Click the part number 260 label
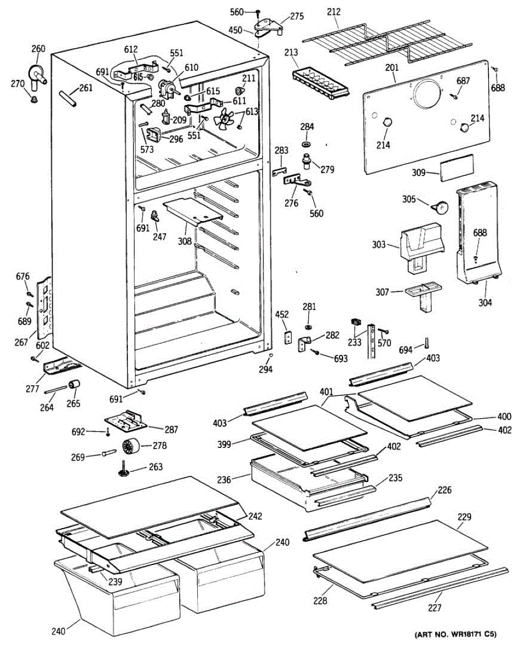pos(38,49)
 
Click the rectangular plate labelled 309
pos(456,168)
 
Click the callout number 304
pos(485,302)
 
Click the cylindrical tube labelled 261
pos(67,99)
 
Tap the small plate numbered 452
pos(288,339)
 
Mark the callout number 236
pos(239,479)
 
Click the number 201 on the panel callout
pos(392,67)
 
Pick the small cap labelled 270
pos(34,99)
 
